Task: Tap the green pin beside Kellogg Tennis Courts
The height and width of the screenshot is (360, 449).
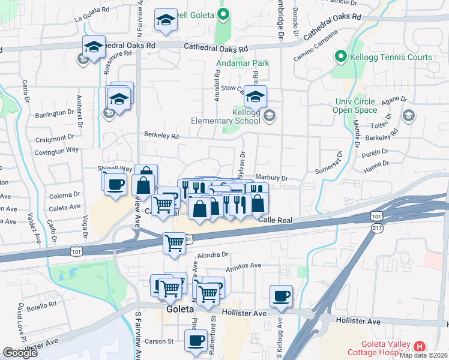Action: click(x=340, y=57)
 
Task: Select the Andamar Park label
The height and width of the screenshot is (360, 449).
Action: click(x=242, y=63)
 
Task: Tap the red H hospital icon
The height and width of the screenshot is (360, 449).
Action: click(x=419, y=346)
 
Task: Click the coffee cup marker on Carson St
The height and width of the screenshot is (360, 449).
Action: click(x=195, y=340)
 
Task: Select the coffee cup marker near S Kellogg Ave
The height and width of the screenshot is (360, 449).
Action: click(x=281, y=295)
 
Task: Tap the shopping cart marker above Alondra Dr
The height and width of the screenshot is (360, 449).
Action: click(x=174, y=243)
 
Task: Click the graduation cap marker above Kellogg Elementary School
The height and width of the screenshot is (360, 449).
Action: click(x=256, y=96)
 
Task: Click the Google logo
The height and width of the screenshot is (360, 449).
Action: click(x=20, y=353)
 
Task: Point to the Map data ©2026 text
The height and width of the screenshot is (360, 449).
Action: click(x=424, y=355)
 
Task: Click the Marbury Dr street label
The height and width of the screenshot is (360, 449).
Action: click(x=271, y=178)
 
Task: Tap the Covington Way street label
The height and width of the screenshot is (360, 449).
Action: click(x=56, y=149)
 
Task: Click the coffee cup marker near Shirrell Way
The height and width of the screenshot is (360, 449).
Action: click(x=115, y=184)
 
